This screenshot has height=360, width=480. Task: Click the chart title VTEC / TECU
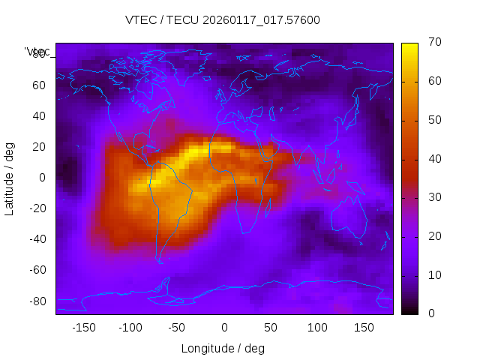pyautogui.click(x=223, y=20)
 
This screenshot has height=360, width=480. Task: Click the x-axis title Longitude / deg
pyautogui.click(x=223, y=349)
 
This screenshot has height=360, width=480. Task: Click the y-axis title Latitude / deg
pyautogui.click(x=10, y=178)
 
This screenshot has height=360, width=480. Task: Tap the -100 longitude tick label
pyautogui.click(x=130, y=328)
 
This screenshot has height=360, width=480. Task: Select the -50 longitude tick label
pyautogui.click(x=177, y=328)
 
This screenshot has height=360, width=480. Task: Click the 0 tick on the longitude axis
pyautogui.click(x=224, y=328)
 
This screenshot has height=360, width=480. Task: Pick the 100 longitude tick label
pyautogui.click(x=318, y=328)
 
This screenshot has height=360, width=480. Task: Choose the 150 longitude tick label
pyautogui.click(x=364, y=328)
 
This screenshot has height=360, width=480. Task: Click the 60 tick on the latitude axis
pyautogui.click(x=39, y=85)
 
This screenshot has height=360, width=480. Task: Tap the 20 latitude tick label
pyautogui.click(x=39, y=147)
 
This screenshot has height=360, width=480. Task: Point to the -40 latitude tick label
pyautogui.click(x=36, y=239)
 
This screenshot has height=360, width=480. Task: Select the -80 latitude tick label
pyautogui.click(x=36, y=301)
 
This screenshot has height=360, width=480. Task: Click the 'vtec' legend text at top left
pyautogui.click(x=37, y=52)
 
